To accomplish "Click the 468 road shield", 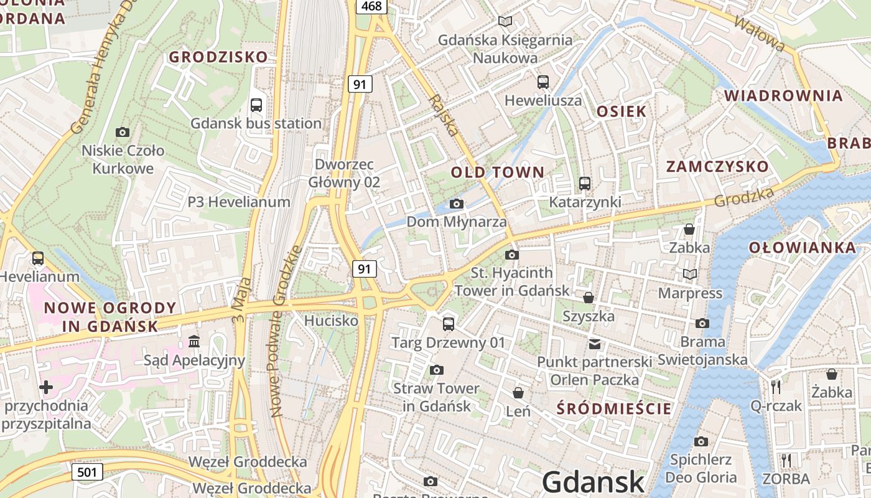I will point(372,6).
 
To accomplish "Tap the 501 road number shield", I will point(87,472).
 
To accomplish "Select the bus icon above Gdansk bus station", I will point(256,105).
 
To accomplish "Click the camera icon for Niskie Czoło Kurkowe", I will point(123,132).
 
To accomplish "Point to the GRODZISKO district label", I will point(218,57).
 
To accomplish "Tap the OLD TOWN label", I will point(497,172).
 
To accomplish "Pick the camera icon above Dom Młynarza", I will point(456,204).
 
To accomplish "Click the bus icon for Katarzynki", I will point(584,184).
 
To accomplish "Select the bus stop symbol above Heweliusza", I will point(543,82).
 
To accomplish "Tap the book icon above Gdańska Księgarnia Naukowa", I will point(505,22).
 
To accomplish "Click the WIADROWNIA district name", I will point(783,96).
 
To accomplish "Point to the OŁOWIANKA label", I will point(802,248).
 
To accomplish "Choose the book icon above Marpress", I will point(689,274).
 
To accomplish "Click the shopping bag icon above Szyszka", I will point(588,298).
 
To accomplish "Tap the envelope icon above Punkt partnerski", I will point(595,344).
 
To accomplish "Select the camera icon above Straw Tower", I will point(436,370).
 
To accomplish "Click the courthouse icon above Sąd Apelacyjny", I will point(194,342).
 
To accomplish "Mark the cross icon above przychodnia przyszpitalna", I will point(45,387).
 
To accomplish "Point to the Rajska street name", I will point(444,116).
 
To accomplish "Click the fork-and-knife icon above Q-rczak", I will point(775,387).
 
